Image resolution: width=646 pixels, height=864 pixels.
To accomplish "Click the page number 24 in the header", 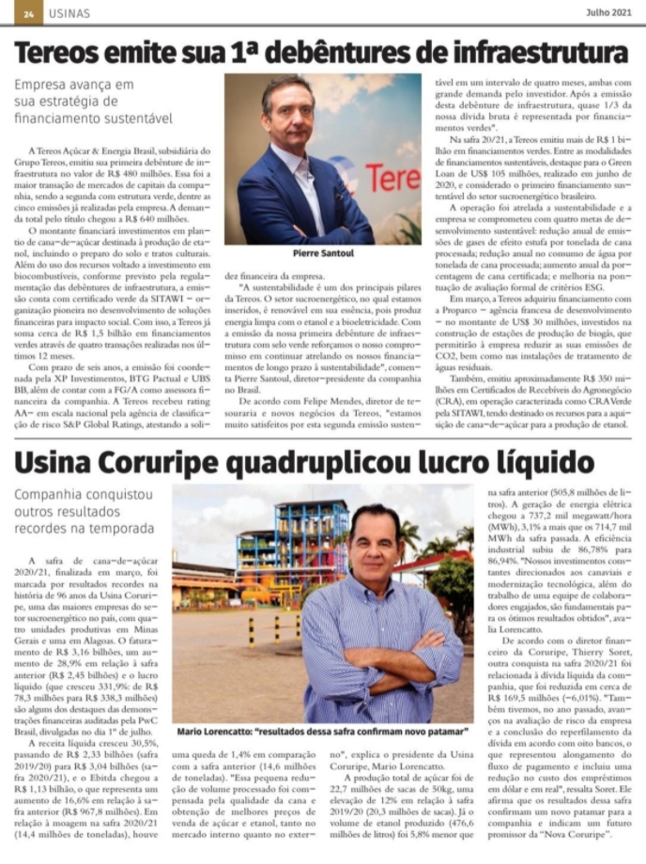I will (x=28, y=14).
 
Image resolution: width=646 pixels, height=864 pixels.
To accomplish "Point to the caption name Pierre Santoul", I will (x=323, y=253).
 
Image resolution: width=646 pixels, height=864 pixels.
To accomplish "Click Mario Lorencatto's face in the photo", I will (x=373, y=547).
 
